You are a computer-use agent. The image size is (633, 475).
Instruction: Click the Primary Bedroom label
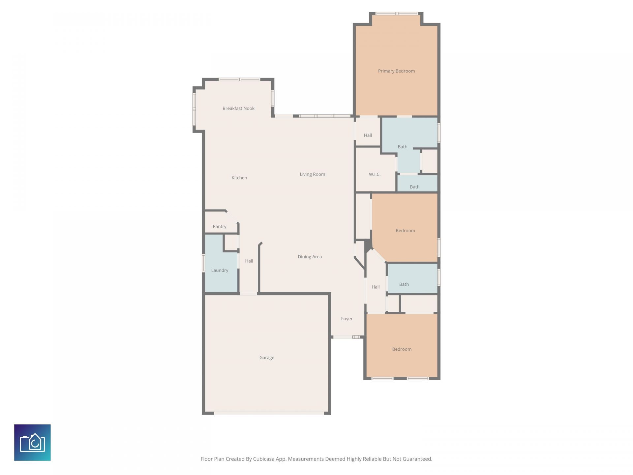tap(396, 71)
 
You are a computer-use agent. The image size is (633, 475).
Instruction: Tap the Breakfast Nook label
tap(238, 108)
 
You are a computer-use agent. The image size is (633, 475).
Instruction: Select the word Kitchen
tap(239, 177)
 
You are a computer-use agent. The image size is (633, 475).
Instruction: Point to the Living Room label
tap(312, 174)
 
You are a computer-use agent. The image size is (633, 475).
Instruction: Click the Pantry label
tap(219, 226)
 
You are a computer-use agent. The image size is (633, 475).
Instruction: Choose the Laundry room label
tap(220, 270)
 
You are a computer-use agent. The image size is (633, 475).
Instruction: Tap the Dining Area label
tap(310, 257)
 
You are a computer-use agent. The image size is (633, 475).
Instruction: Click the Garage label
tap(267, 358)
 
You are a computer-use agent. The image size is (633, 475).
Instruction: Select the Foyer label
tap(347, 319)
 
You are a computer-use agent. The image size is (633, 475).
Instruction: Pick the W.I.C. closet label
tap(375, 174)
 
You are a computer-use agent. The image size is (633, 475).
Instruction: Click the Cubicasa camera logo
tap(32, 442)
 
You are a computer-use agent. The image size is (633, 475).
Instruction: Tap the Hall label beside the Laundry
tap(249, 261)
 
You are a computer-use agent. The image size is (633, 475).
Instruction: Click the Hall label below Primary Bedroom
tap(368, 135)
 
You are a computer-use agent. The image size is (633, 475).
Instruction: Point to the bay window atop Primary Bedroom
tap(397, 14)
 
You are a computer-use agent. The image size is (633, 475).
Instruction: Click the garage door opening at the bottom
tap(269, 413)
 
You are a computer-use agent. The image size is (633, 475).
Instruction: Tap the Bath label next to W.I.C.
tap(402, 147)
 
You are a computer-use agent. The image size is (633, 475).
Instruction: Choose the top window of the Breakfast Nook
tap(239, 79)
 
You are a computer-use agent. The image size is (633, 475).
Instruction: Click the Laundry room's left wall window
tap(203, 263)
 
